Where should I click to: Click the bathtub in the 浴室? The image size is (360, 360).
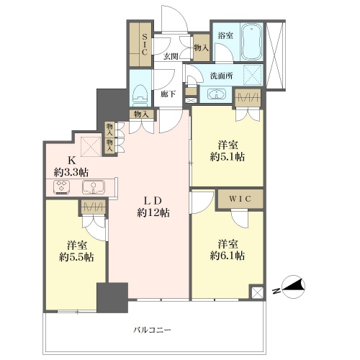(252, 42)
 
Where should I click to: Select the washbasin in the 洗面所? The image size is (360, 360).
(217, 94)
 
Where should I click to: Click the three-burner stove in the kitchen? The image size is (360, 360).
(62, 186)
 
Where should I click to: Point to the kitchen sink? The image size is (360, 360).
(94, 186)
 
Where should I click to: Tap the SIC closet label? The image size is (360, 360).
(144, 45)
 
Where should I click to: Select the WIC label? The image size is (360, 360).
(240, 199)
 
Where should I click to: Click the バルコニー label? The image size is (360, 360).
(152, 330)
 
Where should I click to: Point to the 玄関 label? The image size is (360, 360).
(171, 57)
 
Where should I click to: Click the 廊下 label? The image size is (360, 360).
(168, 94)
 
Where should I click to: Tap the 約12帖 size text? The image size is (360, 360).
(153, 212)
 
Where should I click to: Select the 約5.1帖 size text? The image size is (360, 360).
(228, 157)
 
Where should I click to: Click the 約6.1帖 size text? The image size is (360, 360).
(228, 256)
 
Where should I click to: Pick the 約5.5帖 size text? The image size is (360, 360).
(76, 257)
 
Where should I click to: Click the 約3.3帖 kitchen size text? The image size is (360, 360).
(71, 172)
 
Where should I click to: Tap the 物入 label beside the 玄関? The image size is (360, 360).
(202, 48)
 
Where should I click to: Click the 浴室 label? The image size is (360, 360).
(225, 35)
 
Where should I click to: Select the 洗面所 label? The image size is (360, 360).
(221, 76)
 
